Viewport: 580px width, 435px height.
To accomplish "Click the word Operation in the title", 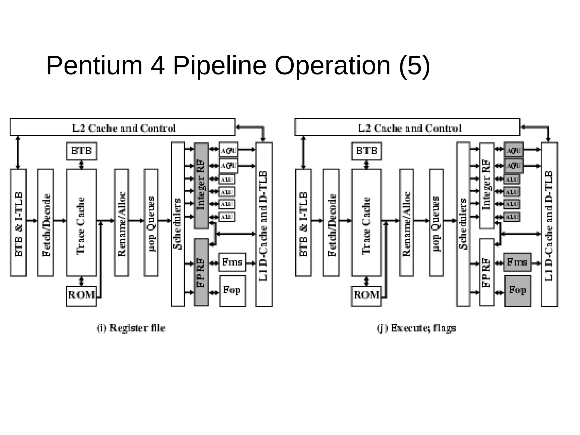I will (332, 66).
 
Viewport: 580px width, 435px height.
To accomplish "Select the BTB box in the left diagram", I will (81, 151).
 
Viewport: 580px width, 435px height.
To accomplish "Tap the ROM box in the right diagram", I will (366, 296).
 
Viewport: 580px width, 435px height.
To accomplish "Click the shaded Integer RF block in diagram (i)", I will (201, 185).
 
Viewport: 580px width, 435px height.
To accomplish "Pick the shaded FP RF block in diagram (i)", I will (201, 272).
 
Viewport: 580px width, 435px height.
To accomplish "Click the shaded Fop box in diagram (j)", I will (517, 291).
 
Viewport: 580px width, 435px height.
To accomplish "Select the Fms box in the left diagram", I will (232, 263).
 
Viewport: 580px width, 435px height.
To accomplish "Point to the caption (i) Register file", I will (131, 328).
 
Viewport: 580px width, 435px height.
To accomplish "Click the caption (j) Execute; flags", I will (416, 328).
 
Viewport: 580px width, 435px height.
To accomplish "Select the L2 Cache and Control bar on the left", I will (122, 127).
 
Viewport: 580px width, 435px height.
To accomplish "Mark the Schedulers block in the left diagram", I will (178, 224).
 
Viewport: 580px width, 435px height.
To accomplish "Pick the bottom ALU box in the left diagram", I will (227, 217).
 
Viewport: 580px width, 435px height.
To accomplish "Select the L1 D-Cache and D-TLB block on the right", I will (549, 224).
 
